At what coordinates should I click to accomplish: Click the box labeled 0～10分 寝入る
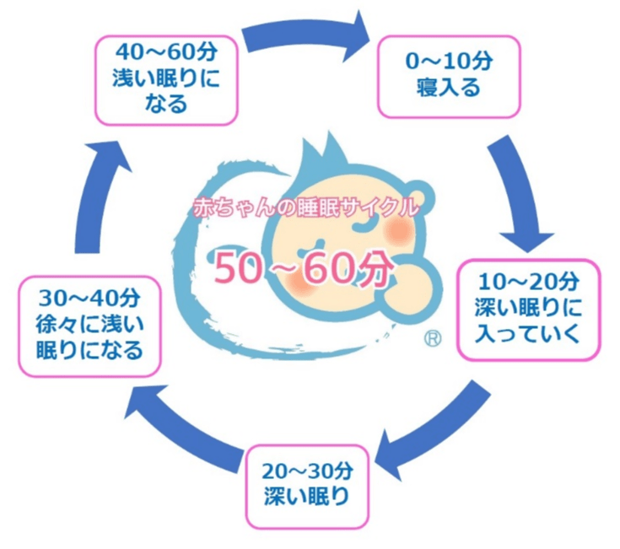click(x=449, y=77)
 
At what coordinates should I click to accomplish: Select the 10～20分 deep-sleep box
click(x=529, y=309)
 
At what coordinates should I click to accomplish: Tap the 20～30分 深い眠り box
click(x=307, y=487)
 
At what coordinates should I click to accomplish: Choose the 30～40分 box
click(x=89, y=326)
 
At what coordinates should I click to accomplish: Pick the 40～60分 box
click(x=166, y=80)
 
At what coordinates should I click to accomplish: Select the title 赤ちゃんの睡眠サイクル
click(x=305, y=207)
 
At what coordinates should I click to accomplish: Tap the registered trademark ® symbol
click(x=433, y=339)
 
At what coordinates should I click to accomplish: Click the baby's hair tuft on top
click(x=322, y=152)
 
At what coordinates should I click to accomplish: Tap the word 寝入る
click(x=449, y=88)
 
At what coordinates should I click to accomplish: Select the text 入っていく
click(x=528, y=334)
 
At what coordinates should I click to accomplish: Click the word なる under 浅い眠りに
click(x=165, y=104)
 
